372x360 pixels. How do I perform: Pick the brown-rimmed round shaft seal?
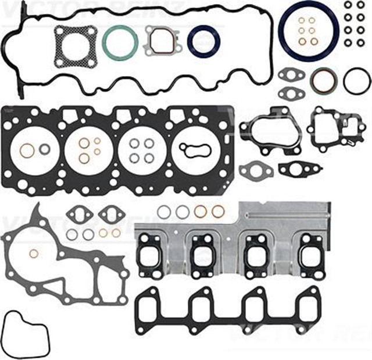pyautogui.click(x=323, y=81)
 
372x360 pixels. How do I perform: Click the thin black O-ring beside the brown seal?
pyautogui.click(x=356, y=81)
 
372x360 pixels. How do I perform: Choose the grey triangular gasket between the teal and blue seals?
pyautogui.click(x=162, y=41)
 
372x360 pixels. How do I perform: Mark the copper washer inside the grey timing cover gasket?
pyautogui.click(x=34, y=253)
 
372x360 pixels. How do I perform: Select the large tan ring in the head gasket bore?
pyautogui.click(x=27, y=150)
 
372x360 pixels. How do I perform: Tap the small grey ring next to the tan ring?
pyautogui.click(x=44, y=149)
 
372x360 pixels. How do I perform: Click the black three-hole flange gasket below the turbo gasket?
pyautogui.click(x=300, y=169)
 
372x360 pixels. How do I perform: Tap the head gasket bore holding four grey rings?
pyautogui.click(x=142, y=150)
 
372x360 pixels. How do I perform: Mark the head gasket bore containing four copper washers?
pyautogui.click(x=88, y=150)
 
